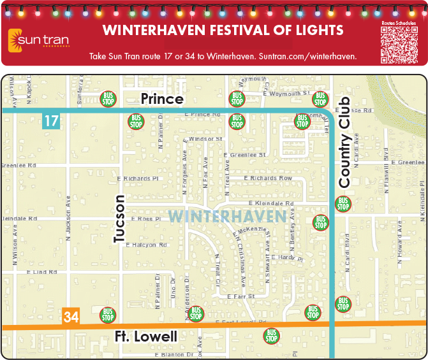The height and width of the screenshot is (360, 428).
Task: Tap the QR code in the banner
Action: pos(399,43)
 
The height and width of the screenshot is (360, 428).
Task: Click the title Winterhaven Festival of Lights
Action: pos(223,30)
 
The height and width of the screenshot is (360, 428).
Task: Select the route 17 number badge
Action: pos(51,120)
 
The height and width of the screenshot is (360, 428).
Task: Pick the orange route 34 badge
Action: pos(71,317)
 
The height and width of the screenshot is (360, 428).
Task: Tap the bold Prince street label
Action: pos(162,99)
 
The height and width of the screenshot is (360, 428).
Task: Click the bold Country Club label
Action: pos(345,143)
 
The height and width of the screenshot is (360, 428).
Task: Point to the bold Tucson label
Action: pos(120,219)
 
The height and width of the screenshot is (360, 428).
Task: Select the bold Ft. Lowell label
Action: pos(146,336)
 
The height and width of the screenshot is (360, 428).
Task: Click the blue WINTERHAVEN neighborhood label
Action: pos(227,216)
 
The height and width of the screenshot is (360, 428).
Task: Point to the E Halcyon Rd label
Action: pos(146,245)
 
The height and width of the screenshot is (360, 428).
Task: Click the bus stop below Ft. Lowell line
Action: pos(272,336)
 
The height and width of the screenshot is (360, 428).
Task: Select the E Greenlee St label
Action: pos(246,155)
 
